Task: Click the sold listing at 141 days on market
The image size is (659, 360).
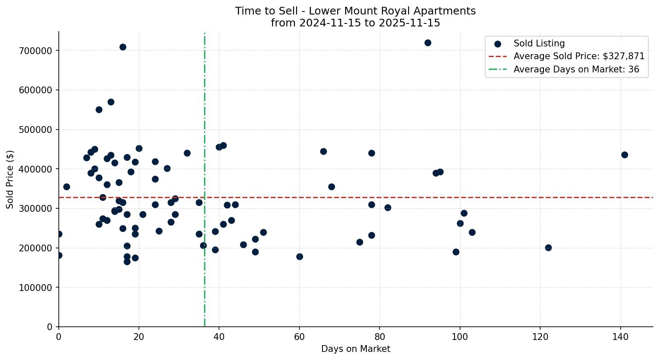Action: [x=624, y=155]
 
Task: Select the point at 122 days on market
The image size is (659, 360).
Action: [x=548, y=248]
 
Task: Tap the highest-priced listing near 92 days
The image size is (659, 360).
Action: [x=428, y=43]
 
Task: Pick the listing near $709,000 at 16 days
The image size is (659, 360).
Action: [x=123, y=47]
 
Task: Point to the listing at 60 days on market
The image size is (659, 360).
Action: [x=299, y=256]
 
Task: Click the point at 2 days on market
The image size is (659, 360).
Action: [x=66, y=187]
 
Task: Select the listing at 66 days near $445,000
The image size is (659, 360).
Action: [x=323, y=151]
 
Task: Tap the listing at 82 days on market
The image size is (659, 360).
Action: [x=388, y=207]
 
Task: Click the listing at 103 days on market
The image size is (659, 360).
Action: [x=472, y=232]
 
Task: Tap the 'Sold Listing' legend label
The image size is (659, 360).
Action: [x=539, y=43]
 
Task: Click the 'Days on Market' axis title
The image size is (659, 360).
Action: [x=355, y=349]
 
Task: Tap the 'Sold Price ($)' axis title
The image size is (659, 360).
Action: [x=10, y=179]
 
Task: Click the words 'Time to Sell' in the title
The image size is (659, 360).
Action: [x=262, y=11]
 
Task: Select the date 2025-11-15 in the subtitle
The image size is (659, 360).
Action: [x=412, y=23]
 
